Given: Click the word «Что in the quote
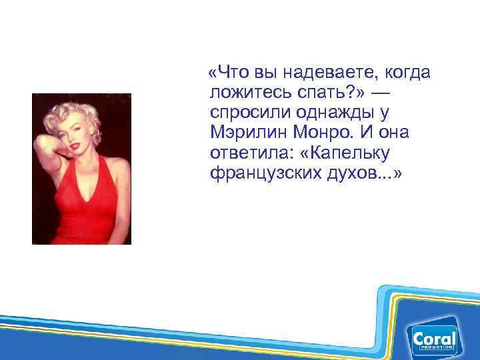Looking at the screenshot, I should [229, 71].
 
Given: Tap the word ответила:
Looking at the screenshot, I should [250, 153].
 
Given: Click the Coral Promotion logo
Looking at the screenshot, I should [434, 340].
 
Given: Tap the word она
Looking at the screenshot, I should [394, 133].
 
